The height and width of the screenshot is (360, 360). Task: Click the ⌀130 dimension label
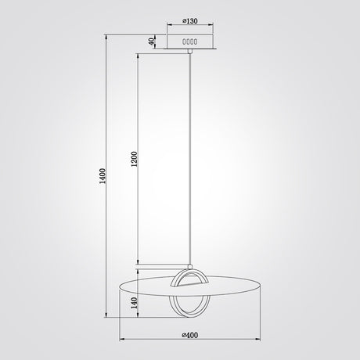coord(190,20)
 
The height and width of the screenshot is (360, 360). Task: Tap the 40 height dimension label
coord(151,41)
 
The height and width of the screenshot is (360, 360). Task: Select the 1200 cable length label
coord(134,159)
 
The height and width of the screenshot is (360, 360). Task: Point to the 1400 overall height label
coord(103,176)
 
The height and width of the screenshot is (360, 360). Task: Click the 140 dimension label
coord(135,303)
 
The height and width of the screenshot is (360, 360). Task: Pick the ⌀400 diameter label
coord(190,335)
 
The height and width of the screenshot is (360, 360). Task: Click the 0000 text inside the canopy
coord(190,41)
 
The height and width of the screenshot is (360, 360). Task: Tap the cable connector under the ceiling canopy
coord(190,51)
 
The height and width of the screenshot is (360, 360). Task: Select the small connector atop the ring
coord(190,267)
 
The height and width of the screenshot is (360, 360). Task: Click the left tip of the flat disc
coord(119,287)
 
